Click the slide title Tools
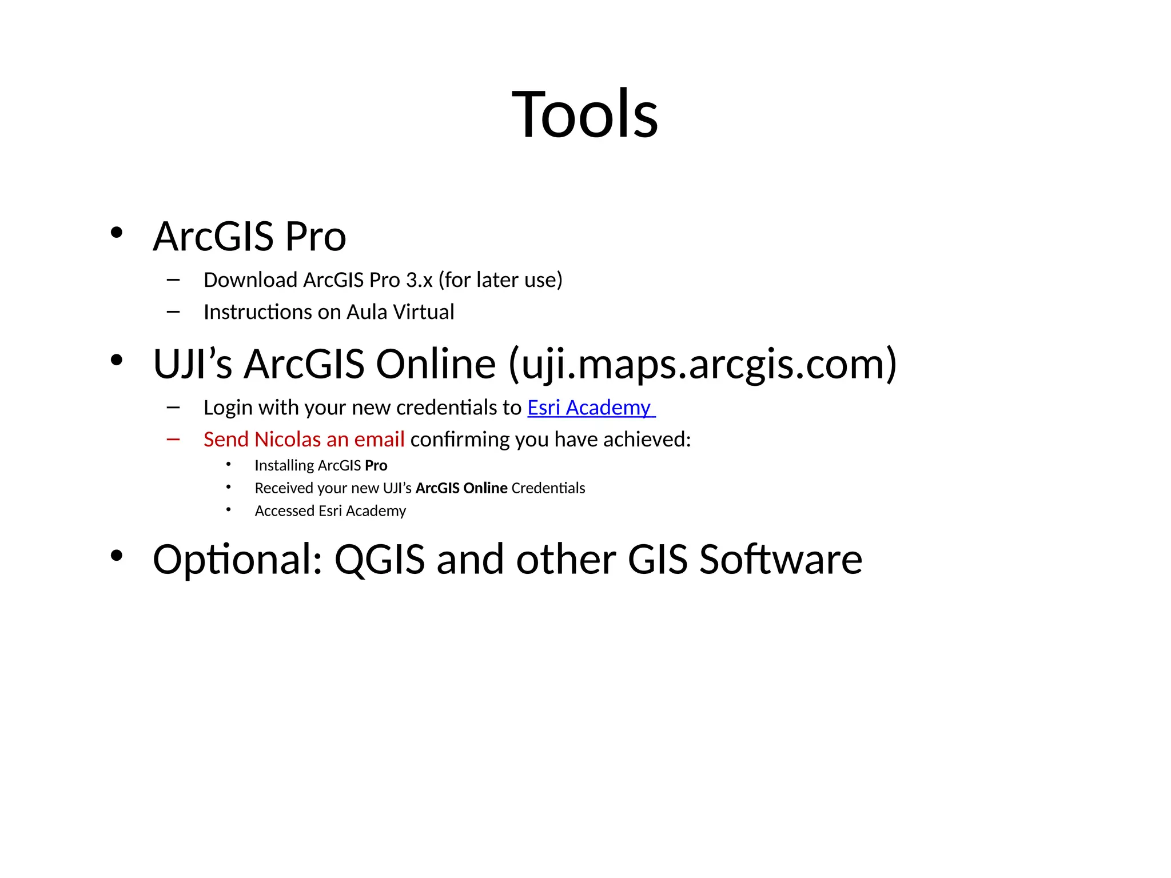click(584, 114)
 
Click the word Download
click(250, 280)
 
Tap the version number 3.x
click(419, 280)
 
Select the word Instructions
click(257, 312)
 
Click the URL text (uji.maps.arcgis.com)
click(702, 365)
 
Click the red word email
click(379, 440)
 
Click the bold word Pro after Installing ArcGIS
click(376, 466)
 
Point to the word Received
click(278, 488)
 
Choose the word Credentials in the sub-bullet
click(548, 488)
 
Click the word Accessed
click(284, 511)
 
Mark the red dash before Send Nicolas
click(173, 440)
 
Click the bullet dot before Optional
click(117, 556)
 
